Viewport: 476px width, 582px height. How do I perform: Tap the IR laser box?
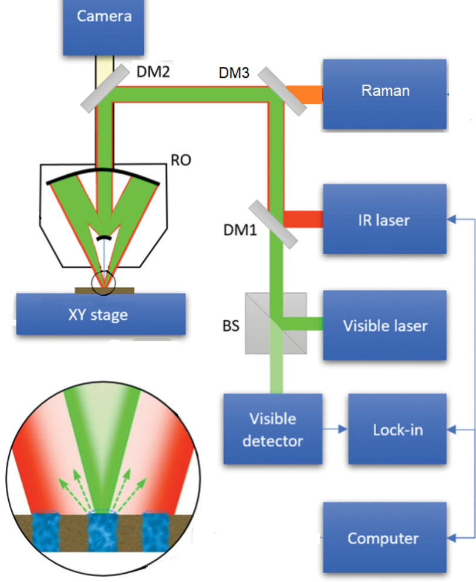coord(384,220)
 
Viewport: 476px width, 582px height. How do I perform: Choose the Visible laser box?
coord(384,326)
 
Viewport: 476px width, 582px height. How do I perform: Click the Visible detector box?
coord(272,429)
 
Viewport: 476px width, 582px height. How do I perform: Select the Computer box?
coord(382,538)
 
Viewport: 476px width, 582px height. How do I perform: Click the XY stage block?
coord(101,314)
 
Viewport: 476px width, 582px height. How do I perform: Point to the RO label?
coord(181,160)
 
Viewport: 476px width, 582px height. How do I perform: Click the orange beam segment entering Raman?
coord(312,93)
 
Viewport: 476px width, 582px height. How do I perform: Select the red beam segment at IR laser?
coord(303,219)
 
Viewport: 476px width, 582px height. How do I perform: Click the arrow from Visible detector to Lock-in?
coord(335,429)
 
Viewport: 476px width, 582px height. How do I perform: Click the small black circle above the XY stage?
coord(104,284)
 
